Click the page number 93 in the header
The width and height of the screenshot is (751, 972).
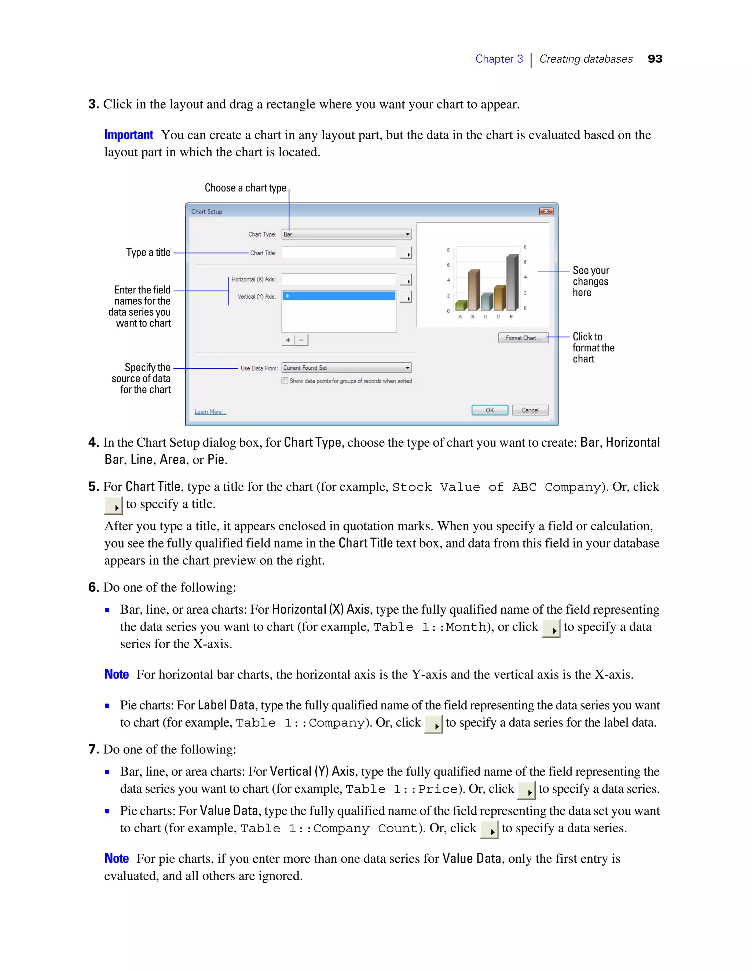[x=655, y=59]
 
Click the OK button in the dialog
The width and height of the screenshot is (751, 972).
[x=490, y=410]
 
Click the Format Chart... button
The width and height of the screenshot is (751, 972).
[x=523, y=338]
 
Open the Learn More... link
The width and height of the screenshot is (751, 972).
[x=210, y=412]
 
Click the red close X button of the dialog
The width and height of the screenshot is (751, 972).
[x=546, y=211]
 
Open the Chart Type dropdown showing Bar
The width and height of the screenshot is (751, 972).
[x=346, y=234]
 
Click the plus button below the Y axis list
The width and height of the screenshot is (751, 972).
[x=288, y=340]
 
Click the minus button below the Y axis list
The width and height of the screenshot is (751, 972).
[x=301, y=340]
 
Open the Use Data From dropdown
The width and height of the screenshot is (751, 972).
[x=346, y=368]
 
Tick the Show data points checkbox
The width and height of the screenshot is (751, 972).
[x=285, y=381]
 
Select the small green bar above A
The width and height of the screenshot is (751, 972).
[x=461, y=305]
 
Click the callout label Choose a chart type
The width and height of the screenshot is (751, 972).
[x=245, y=188]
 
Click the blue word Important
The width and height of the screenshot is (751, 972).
[x=129, y=135]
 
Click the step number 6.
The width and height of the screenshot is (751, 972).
[x=93, y=587]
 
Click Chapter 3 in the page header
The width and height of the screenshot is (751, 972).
[x=499, y=59]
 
